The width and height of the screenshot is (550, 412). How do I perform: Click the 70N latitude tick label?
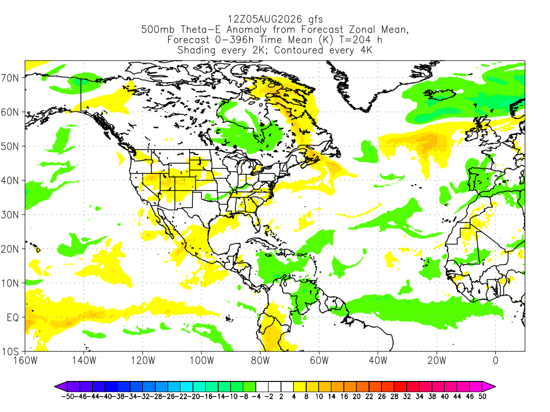coord(10,78)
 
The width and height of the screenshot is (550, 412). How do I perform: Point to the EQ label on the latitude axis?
coord(13,318)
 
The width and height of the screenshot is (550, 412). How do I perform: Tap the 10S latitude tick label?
coord(10,352)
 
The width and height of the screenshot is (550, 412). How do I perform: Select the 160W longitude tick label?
coord(25,360)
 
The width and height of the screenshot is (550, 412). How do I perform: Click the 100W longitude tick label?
coord(202,360)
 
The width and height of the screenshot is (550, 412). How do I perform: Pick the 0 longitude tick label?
coord(496,360)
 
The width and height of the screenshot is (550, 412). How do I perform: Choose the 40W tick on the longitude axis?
coord(378,360)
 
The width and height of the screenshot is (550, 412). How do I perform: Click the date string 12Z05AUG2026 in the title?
coord(265,19)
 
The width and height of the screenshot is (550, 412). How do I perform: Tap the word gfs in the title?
coord(316,20)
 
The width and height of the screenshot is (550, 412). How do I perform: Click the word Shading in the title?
coord(197,50)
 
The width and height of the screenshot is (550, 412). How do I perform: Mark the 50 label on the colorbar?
coord(482,396)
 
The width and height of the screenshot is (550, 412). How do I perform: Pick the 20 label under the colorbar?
coord(357,396)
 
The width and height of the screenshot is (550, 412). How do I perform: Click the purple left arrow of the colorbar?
coord(61,387)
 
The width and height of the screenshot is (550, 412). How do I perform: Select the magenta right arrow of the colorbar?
coord(489,387)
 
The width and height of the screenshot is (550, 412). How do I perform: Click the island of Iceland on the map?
coord(439,94)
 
